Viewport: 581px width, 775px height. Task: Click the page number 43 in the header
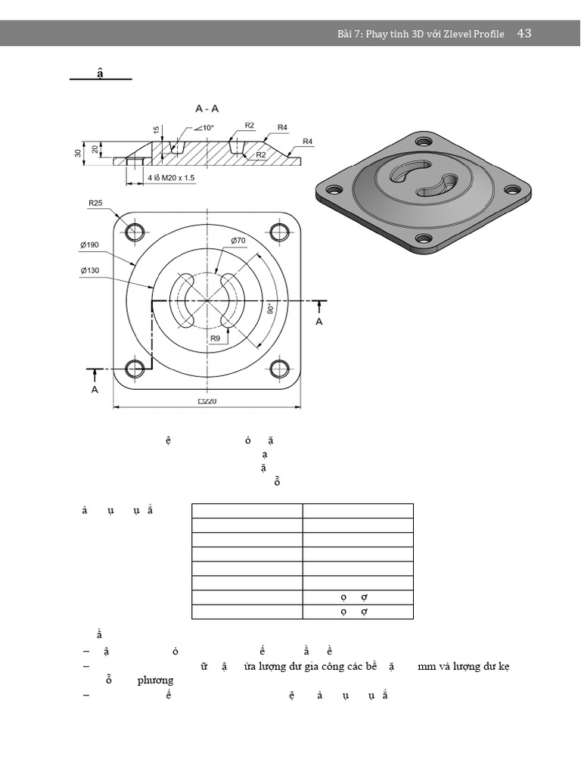[x=524, y=33]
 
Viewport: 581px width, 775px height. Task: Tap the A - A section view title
[x=207, y=109]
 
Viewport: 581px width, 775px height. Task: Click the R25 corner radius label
[x=96, y=203]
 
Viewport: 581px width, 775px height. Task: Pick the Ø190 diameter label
[x=90, y=244]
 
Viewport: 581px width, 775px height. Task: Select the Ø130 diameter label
[x=90, y=270]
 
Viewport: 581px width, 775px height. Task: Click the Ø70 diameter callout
[x=239, y=241]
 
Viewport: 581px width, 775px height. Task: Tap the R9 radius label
[x=216, y=338]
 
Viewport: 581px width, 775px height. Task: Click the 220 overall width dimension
[x=207, y=402]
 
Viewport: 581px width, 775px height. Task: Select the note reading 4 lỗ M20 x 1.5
[x=172, y=178]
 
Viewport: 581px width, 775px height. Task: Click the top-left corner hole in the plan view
[x=135, y=231]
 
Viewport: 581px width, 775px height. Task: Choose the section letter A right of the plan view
[x=319, y=322]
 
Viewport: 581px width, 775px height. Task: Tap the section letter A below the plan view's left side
[x=95, y=389]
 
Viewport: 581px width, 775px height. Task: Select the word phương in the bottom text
[x=155, y=680]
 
